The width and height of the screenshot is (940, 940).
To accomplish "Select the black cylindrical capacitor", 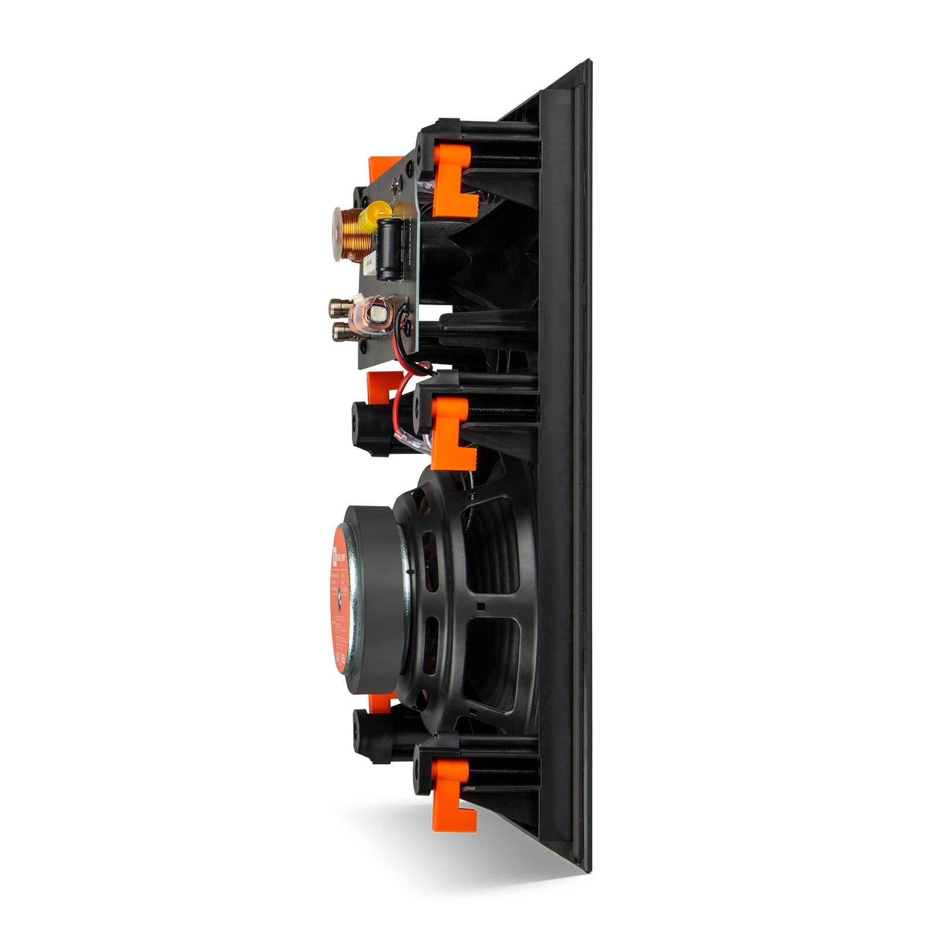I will point(387,248).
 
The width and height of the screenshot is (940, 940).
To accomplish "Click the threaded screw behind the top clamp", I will point(504,158).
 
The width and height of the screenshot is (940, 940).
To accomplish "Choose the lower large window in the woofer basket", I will point(492,662).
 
